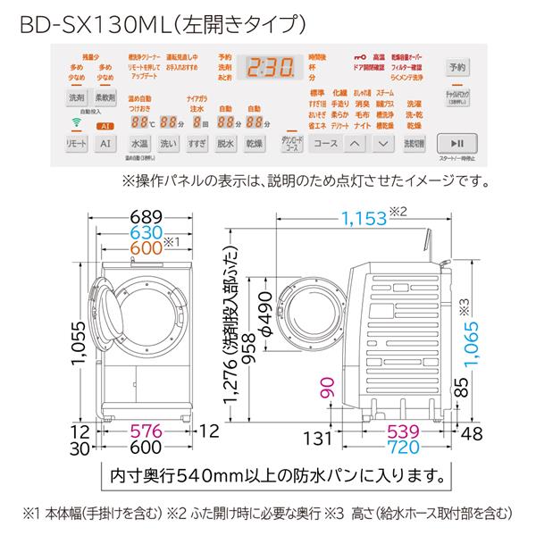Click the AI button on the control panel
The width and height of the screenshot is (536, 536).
click(105, 144)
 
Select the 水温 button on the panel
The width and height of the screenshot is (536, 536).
click(139, 144)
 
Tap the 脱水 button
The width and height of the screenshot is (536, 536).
click(225, 144)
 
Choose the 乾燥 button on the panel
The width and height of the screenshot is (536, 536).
click(254, 144)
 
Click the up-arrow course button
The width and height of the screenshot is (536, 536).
click(355, 144)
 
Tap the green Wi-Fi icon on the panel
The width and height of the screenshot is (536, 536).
click(76, 123)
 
